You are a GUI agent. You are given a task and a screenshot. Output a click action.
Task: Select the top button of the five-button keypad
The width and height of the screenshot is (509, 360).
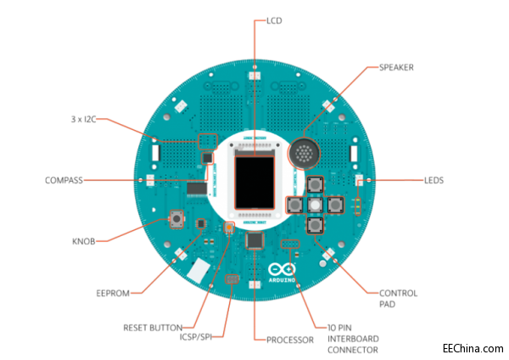315,185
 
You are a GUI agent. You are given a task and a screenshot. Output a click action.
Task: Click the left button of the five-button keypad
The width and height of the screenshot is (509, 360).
296,205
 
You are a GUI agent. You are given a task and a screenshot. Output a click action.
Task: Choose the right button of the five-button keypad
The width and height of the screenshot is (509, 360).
334,205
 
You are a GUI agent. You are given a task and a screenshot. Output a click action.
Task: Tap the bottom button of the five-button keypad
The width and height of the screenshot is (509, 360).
315,225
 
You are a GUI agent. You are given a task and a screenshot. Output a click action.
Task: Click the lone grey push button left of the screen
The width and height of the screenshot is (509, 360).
178,219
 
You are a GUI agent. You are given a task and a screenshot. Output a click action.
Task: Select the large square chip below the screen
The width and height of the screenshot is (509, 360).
255,241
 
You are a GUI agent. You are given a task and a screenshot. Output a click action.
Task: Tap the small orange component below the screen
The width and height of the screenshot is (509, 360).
229,228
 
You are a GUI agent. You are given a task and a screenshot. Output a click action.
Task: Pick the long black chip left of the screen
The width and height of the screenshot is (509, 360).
197,188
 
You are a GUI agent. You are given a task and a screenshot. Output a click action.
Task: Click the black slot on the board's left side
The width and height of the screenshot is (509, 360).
156,154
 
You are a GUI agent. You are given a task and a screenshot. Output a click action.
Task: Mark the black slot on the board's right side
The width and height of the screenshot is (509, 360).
352,154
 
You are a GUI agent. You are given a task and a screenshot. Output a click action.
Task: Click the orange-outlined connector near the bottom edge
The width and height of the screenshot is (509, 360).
232,279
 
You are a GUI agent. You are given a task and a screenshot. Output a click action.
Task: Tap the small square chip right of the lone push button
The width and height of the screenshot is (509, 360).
201,223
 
